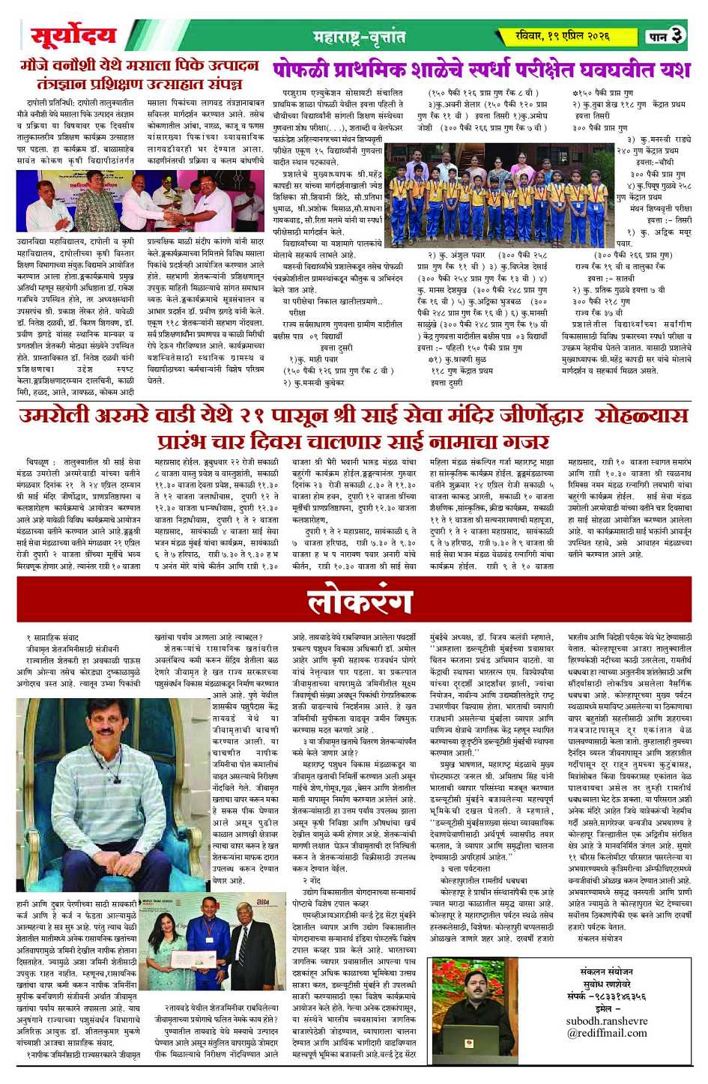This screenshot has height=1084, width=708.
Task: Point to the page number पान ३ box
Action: click(x=665, y=35)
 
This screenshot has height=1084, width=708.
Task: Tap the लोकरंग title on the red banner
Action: click(x=360, y=602)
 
